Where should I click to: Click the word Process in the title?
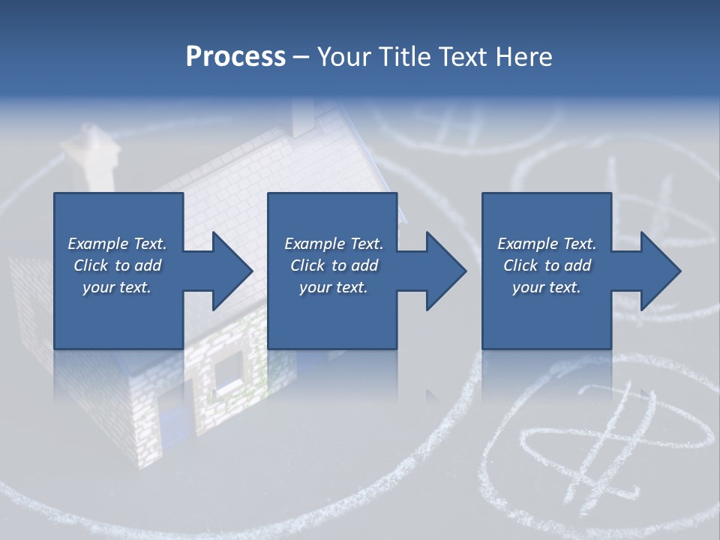point(235,57)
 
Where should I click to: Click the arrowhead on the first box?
point(229,271)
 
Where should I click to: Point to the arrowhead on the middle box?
point(444,271)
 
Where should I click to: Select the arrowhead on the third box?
point(658,271)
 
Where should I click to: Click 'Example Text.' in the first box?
point(117,244)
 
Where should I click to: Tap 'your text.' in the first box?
point(117,287)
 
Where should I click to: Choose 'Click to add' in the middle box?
point(334,265)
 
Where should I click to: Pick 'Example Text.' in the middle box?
point(334,244)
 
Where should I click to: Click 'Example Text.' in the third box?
point(547,244)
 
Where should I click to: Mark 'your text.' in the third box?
point(547,287)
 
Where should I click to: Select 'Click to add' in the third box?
point(547,265)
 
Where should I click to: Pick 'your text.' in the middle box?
point(334,287)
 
